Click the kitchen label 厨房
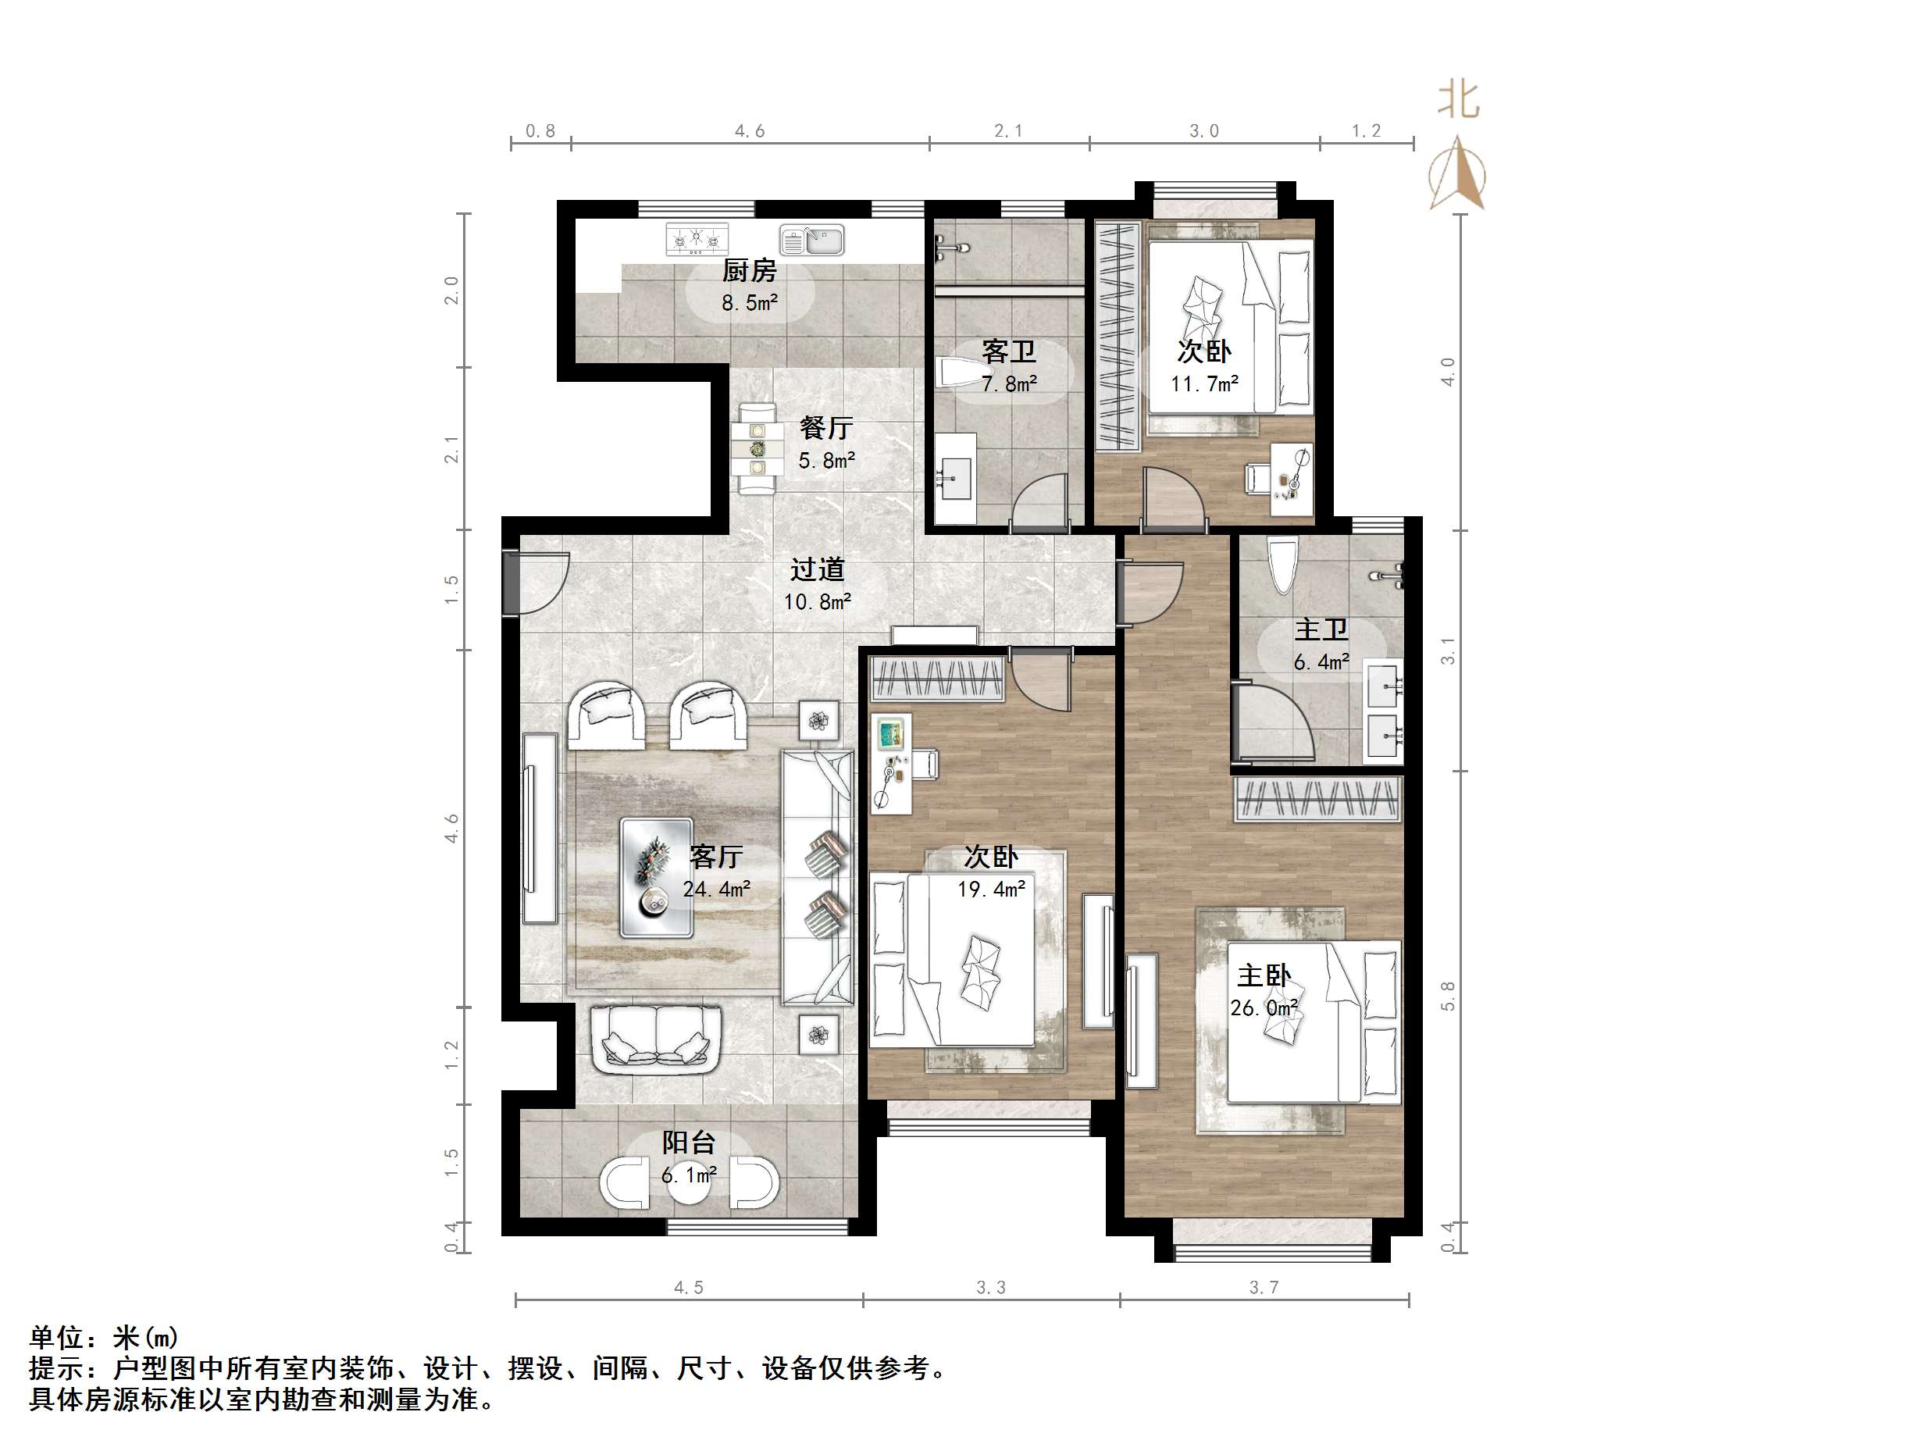pos(748,271)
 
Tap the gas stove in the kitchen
pos(697,239)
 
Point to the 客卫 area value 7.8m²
pos(1009,384)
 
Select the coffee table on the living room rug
pos(656,877)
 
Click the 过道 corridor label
pos(816,569)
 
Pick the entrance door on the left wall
pos(512,583)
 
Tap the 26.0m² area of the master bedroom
pos(1264,1008)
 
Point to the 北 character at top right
pos(1458,98)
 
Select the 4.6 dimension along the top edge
pos(749,131)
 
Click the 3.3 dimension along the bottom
pos(990,1287)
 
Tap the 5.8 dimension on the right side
pos(1447,997)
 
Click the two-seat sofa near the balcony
pos(656,1040)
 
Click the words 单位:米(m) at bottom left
pos(105,1337)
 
